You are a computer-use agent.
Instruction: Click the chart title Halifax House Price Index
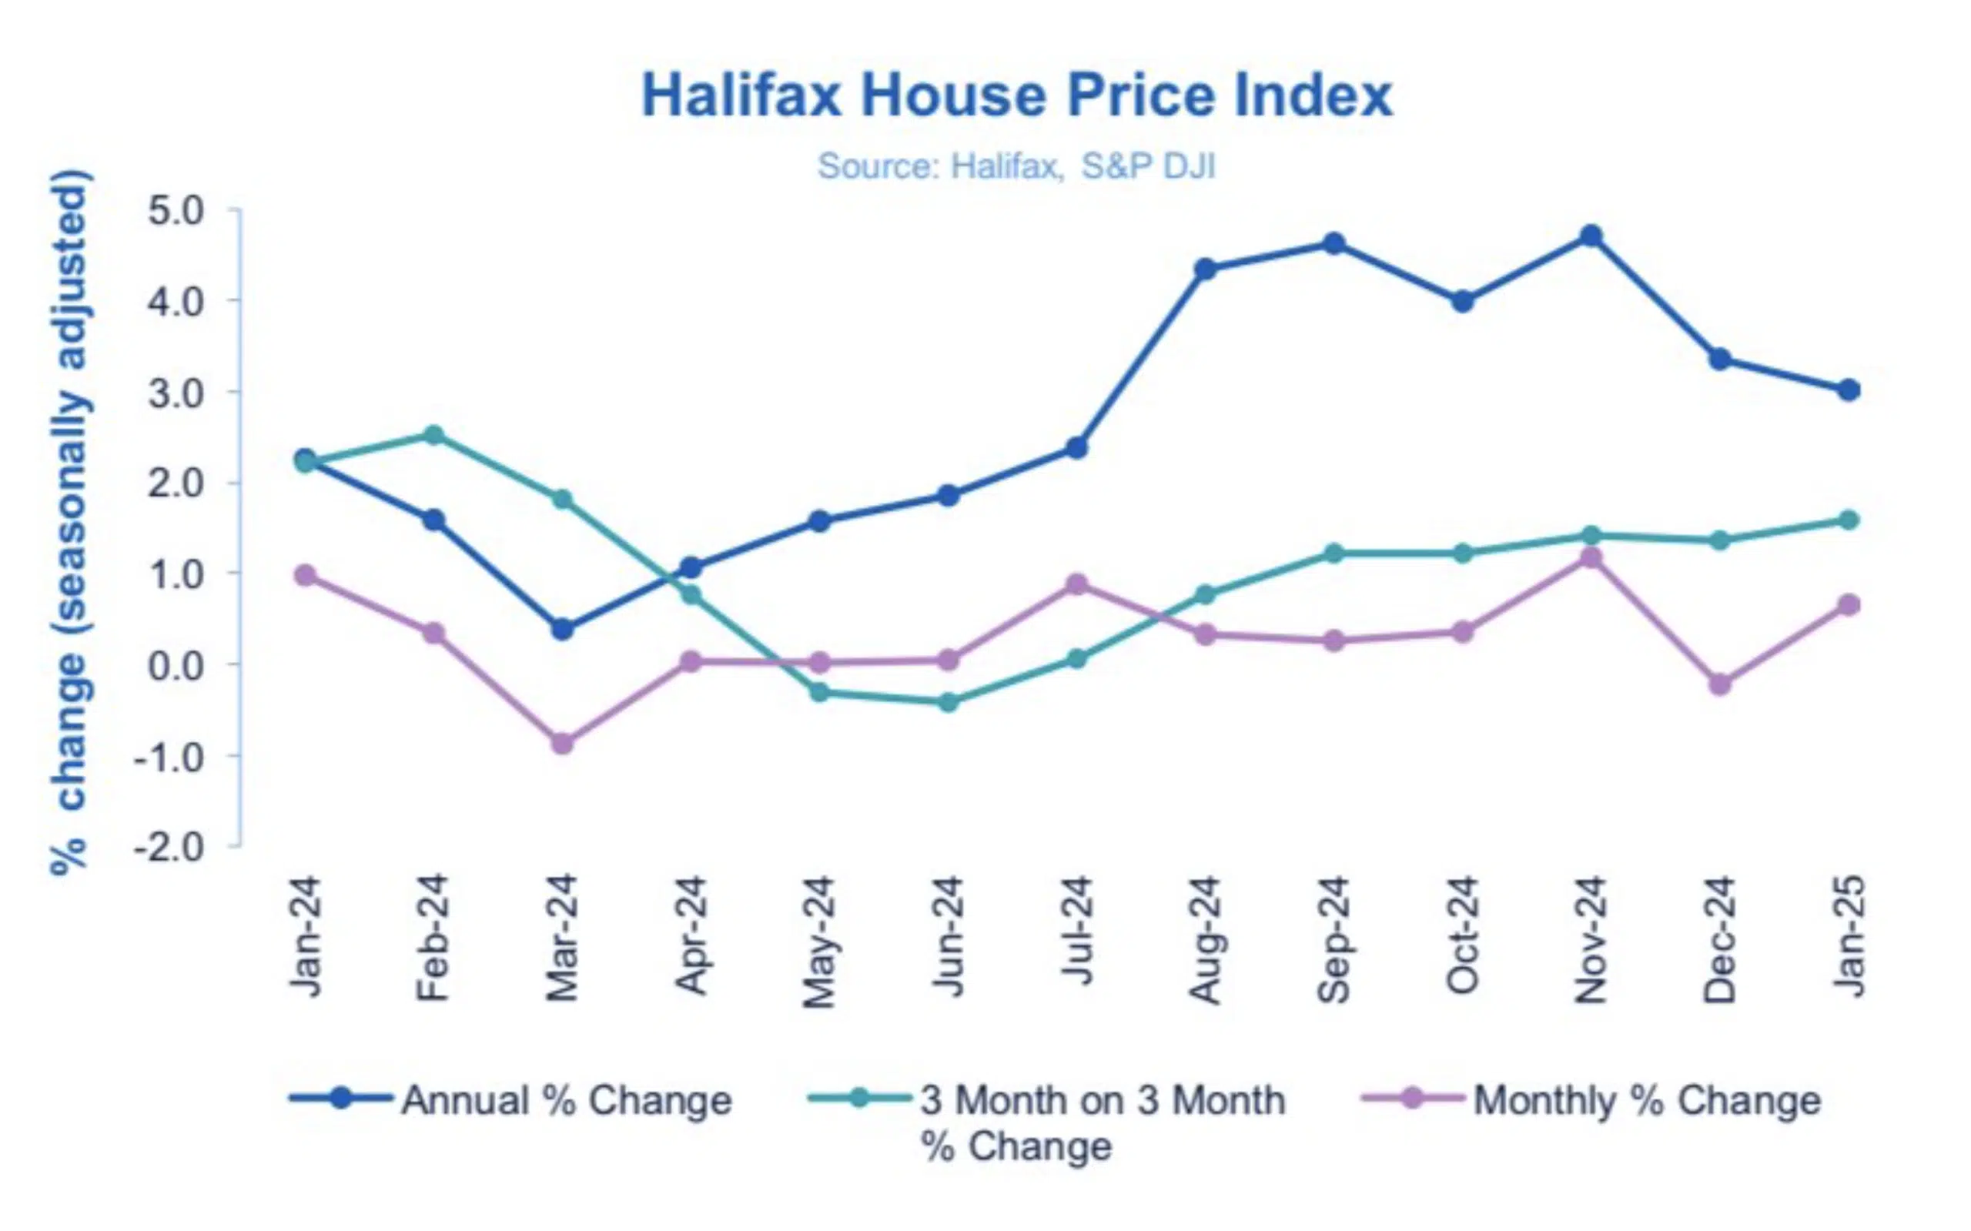(1017, 96)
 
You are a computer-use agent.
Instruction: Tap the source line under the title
(1016, 166)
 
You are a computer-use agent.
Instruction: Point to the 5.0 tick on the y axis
(175, 212)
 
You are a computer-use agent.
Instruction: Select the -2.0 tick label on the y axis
(169, 848)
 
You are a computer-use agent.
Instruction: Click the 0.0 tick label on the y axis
(175, 666)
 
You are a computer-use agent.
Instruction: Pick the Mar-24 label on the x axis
(562, 938)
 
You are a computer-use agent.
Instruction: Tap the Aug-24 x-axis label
(1205, 939)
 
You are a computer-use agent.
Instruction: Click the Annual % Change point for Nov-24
(1591, 237)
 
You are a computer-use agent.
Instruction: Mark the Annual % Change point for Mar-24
(562, 629)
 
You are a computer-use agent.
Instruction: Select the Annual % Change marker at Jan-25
(1848, 390)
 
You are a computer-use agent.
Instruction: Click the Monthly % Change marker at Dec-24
(1719, 684)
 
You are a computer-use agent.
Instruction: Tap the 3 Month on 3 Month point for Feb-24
(434, 436)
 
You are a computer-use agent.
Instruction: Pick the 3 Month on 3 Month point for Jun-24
(948, 702)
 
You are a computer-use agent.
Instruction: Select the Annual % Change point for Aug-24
(1205, 269)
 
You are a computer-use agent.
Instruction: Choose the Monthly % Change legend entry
(1591, 1100)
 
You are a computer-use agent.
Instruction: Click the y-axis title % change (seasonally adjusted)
(71, 521)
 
